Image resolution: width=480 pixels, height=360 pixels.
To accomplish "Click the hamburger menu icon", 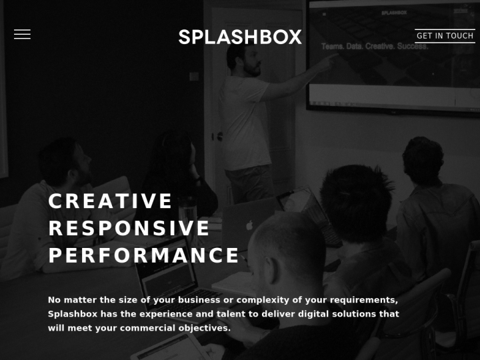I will coord(22,35).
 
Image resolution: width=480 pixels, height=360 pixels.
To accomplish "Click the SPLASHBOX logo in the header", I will coord(240,37).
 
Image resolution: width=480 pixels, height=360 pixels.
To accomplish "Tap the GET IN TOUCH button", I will coord(445,36).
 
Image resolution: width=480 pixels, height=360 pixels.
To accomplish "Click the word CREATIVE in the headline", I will coord(111,201).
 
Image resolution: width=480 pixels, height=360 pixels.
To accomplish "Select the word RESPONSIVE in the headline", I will coord(129,229).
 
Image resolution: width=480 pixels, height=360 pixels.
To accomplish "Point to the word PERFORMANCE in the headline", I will coord(144,256).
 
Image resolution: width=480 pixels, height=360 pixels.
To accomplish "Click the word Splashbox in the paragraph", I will coord(71,314).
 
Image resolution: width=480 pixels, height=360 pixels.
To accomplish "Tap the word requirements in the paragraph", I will coord(364,300).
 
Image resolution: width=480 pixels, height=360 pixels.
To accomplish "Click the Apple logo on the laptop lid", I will coord(250,225).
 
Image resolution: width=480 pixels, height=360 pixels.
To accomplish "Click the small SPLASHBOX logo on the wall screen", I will coord(394,12).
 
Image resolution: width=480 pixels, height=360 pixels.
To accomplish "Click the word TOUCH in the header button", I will coord(459,36).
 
